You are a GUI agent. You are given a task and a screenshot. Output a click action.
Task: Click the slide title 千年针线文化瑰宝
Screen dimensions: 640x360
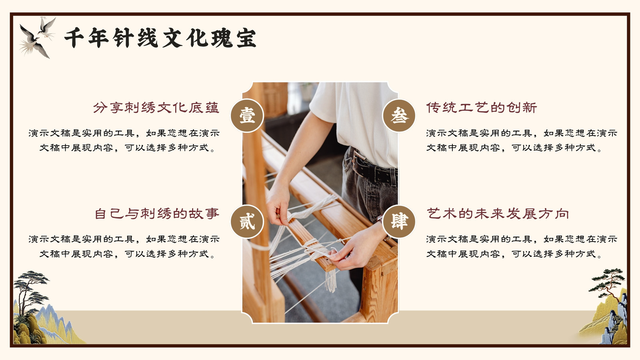coord(160,38)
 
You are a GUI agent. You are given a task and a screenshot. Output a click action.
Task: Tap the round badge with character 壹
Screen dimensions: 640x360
coord(247,116)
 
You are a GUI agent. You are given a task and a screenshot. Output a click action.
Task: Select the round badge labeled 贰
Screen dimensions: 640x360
coord(247,222)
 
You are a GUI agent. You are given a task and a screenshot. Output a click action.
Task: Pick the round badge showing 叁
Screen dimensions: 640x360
coord(399,116)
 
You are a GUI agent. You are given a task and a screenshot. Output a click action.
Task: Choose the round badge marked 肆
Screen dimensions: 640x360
coord(399,222)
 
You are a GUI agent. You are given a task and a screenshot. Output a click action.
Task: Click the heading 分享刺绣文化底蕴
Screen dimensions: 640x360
coord(156,108)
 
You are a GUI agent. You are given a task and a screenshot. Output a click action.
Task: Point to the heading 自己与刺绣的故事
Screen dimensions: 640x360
coord(157,214)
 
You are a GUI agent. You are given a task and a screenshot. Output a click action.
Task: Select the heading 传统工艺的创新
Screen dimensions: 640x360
coord(482,108)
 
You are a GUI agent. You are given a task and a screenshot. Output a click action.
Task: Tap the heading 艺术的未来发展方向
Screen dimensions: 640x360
coord(498,214)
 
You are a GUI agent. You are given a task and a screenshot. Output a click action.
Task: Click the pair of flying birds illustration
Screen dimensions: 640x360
coord(37,37)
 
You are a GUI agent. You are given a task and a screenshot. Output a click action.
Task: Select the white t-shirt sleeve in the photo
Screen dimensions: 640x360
coord(324,103)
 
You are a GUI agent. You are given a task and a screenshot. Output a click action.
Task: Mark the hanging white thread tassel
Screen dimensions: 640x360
coord(331,280)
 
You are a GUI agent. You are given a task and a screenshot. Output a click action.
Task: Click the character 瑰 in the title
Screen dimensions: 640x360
coord(222,38)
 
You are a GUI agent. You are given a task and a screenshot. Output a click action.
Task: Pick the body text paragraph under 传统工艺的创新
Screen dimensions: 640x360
coord(522,140)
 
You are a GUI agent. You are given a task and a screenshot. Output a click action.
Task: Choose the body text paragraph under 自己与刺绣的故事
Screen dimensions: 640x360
coord(124,246)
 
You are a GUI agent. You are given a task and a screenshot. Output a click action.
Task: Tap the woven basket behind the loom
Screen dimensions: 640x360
coord(275,98)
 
